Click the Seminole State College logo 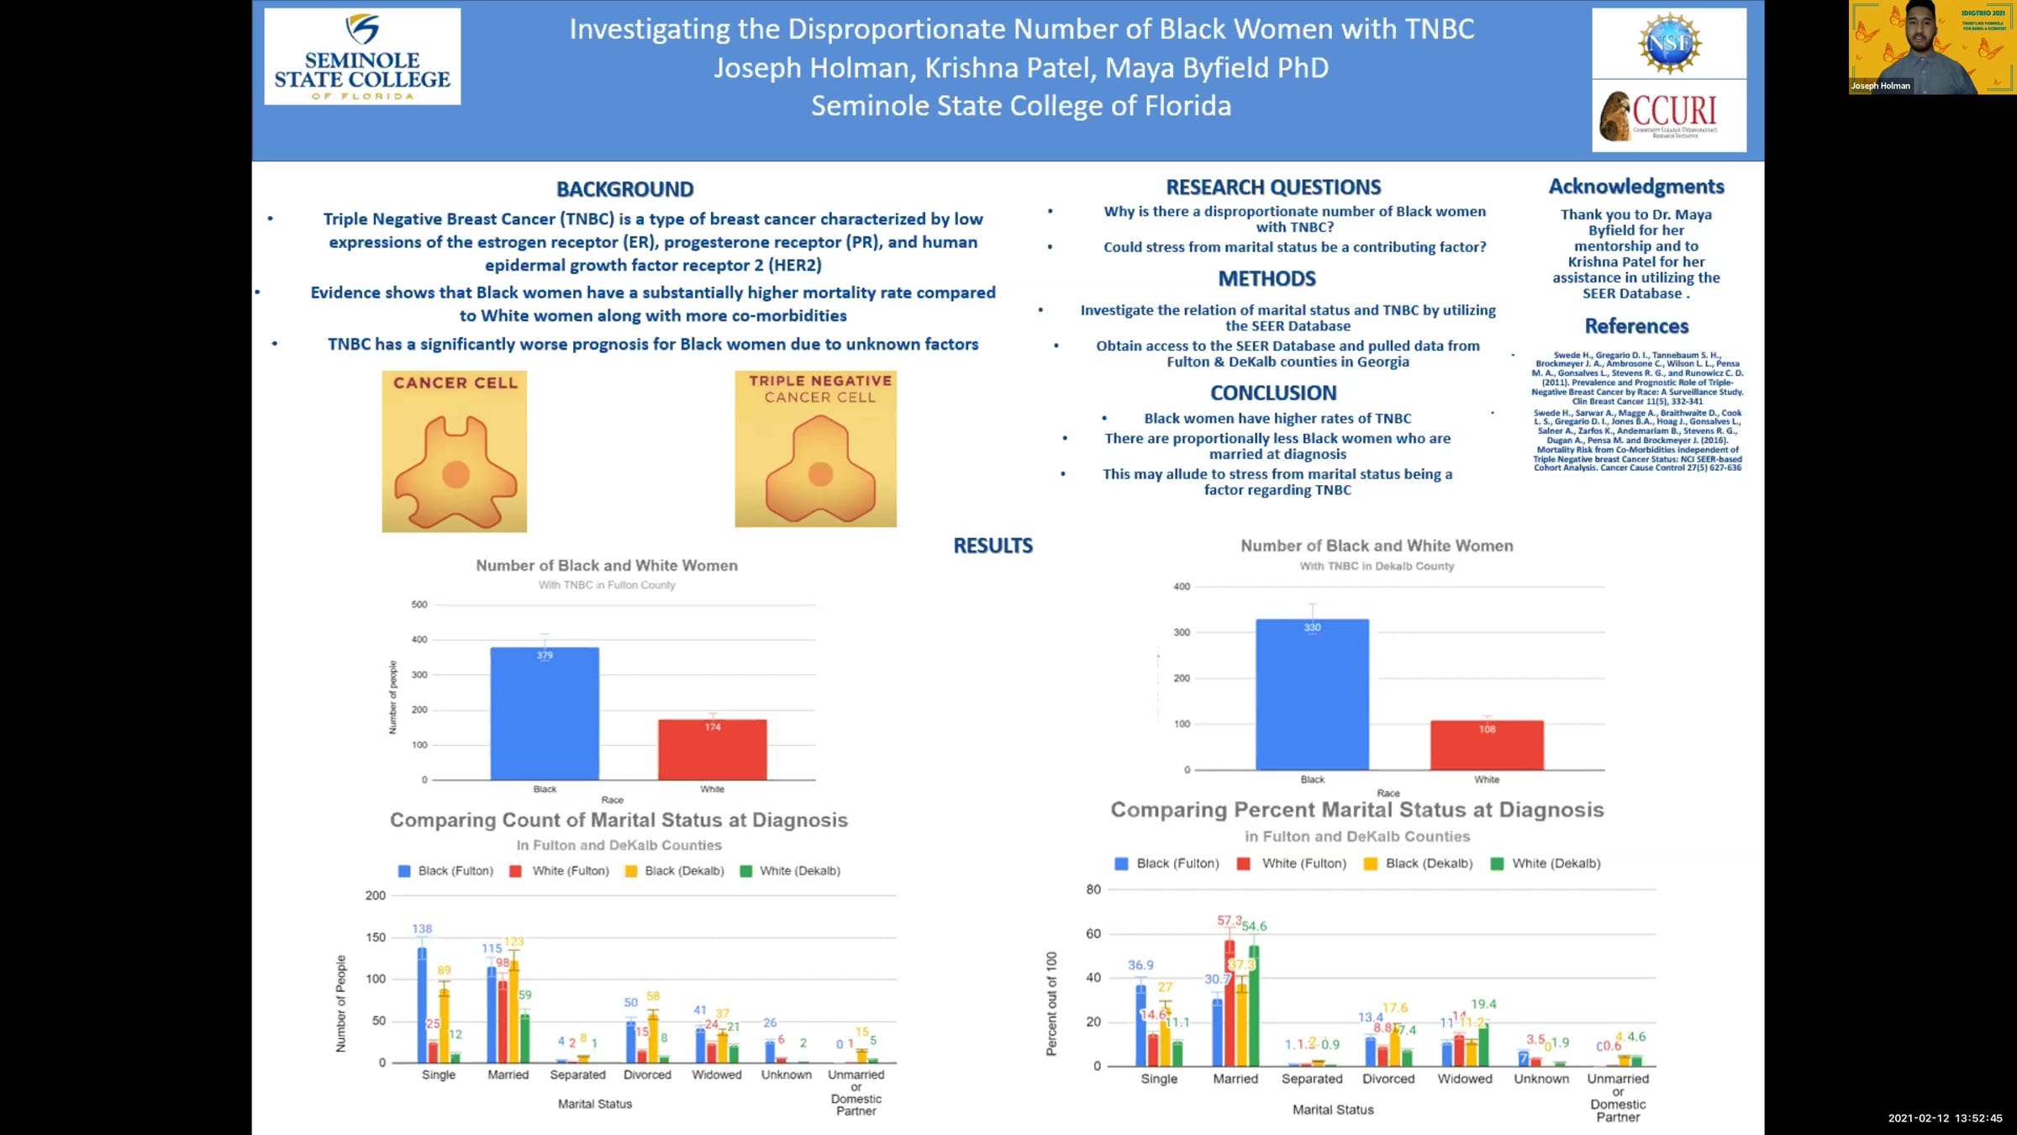[362, 56]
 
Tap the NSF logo [1669, 42]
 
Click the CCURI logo [1669, 116]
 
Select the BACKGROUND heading [624, 189]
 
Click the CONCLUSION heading [1272, 393]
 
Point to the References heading [1635, 326]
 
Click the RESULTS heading [993, 546]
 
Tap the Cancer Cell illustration [455, 451]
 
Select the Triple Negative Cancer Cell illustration [815, 449]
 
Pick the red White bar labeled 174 [712, 749]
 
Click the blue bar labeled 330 [1312, 694]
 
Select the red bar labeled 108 [1487, 745]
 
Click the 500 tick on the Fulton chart [419, 604]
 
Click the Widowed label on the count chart [716, 1074]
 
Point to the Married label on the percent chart [1235, 1079]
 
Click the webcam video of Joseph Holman [1931, 47]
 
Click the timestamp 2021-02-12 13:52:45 [1945, 1118]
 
